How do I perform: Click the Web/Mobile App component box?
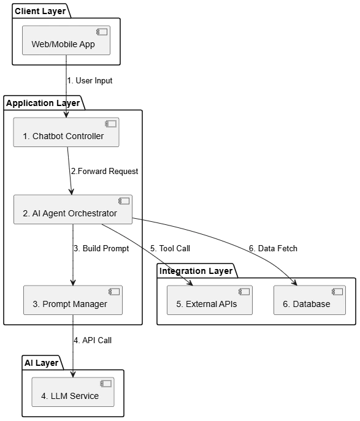tap(66, 40)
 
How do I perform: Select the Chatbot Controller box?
tap(66, 132)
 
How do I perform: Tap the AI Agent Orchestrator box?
tap(73, 210)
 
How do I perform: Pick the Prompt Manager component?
tap(73, 300)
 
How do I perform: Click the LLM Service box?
tap(73, 392)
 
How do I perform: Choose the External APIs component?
tap(210, 300)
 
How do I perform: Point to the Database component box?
tap(310, 300)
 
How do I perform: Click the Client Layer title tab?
tap(40, 11)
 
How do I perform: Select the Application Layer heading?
tap(43, 103)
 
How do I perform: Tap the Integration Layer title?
tap(196, 271)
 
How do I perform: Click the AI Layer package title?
tap(41, 363)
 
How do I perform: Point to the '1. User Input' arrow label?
tap(90, 80)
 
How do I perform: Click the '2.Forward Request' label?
tap(104, 172)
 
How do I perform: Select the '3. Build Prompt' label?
tap(102, 248)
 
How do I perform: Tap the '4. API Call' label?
tap(93, 340)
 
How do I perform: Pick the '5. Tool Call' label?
tap(170, 248)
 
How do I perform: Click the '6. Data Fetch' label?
tap(274, 248)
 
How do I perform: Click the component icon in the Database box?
tap(337, 292)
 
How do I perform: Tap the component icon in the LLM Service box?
tap(106, 384)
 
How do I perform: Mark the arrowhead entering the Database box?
tap(294, 283)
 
